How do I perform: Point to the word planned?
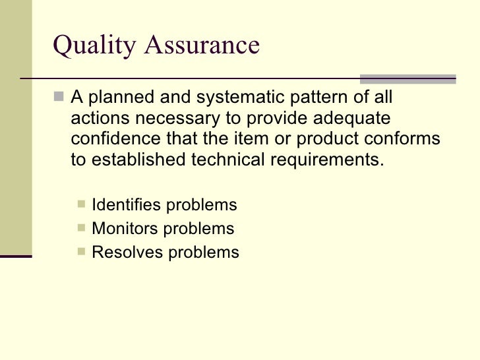tap(117, 98)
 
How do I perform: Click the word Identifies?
tap(126, 205)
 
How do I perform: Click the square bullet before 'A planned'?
tap(60, 98)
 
